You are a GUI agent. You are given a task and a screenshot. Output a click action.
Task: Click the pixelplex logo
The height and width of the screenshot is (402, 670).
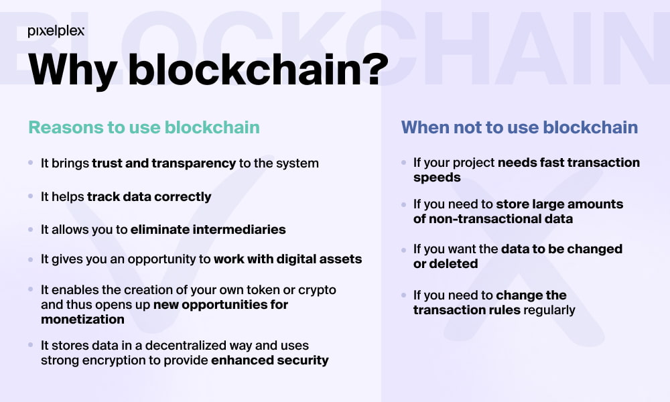(x=56, y=31)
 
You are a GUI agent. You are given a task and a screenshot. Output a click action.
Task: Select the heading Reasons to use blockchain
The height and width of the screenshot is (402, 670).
(x=144, y=127)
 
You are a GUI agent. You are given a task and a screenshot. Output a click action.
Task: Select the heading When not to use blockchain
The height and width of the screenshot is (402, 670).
(x=520, y=127)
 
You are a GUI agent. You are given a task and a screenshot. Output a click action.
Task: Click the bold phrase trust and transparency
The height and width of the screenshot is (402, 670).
(x=163, y=163)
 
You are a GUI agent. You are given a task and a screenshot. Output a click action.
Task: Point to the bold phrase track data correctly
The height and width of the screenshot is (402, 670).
(x=149, y=196)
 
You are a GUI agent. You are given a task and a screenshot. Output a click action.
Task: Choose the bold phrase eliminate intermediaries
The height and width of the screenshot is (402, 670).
(x=208, y=229)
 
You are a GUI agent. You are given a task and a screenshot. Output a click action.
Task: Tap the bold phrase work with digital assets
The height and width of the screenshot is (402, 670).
(x=287, y=259)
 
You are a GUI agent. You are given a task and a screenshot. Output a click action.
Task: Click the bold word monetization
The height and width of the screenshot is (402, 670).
(x=82, y=319)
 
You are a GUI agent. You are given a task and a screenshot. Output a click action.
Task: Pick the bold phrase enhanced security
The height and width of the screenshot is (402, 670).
(x=269, y=360)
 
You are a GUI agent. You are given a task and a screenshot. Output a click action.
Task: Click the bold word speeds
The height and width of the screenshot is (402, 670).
(x=437, y=178)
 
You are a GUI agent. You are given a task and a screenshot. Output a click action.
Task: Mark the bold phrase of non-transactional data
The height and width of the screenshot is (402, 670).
(x=492, y=218)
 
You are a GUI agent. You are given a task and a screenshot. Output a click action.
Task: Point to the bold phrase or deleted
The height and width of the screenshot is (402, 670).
(x=446, y=263)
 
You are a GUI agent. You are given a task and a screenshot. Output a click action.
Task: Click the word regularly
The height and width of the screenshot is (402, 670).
(x=549, y=310)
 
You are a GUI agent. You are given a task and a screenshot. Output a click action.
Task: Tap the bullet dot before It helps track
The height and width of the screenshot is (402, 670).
(x=31, y=196)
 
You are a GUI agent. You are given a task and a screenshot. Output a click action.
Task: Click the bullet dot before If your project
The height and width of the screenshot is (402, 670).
(x=404, y=162)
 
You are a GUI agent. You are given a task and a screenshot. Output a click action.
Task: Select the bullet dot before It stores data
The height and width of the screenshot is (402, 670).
(x=31, y=345)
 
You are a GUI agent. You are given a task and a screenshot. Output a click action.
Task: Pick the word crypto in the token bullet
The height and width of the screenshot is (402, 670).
(x=317, y=290)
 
